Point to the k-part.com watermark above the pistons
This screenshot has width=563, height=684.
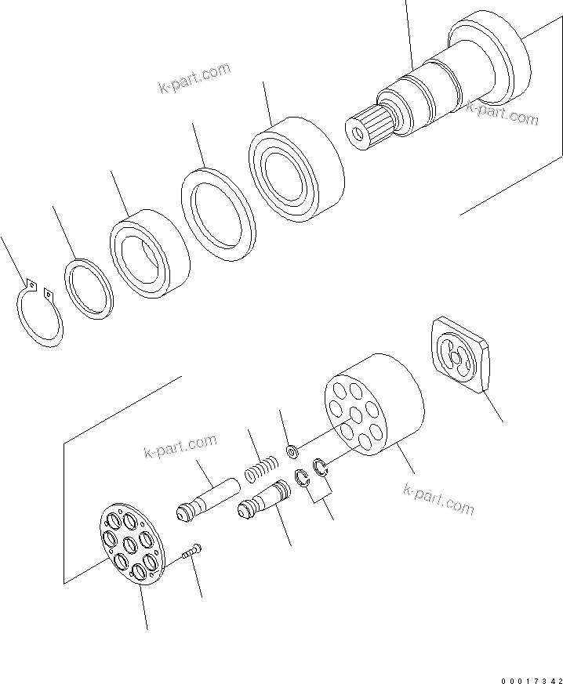pos(180,447)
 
